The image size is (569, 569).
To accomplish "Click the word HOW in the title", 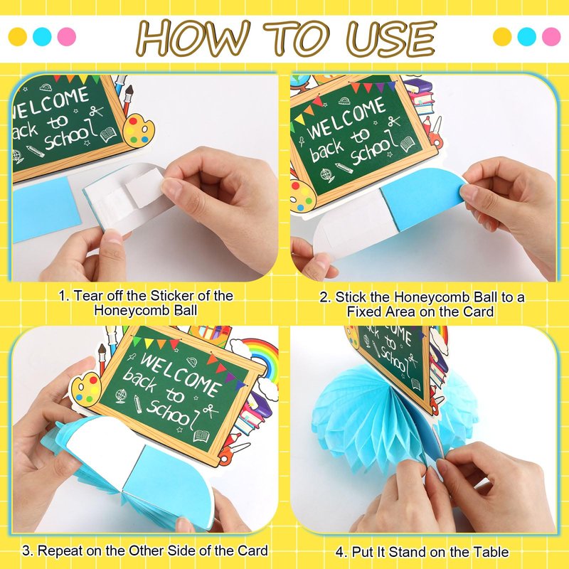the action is (193, 38).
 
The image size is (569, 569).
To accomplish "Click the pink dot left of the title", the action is (67, 37).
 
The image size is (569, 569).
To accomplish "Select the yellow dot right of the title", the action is (502, 37).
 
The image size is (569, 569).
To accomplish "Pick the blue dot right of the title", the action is (526, 37).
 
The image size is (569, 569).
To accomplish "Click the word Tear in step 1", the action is (87, 296).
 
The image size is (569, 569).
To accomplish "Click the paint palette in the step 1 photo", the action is (138, 131).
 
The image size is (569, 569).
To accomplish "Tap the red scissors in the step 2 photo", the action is (436, 137).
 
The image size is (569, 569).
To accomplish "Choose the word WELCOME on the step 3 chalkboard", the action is (181, 375).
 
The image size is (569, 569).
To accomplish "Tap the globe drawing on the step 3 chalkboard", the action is (121, 396).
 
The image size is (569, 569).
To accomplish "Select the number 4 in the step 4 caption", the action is (340, 553).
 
